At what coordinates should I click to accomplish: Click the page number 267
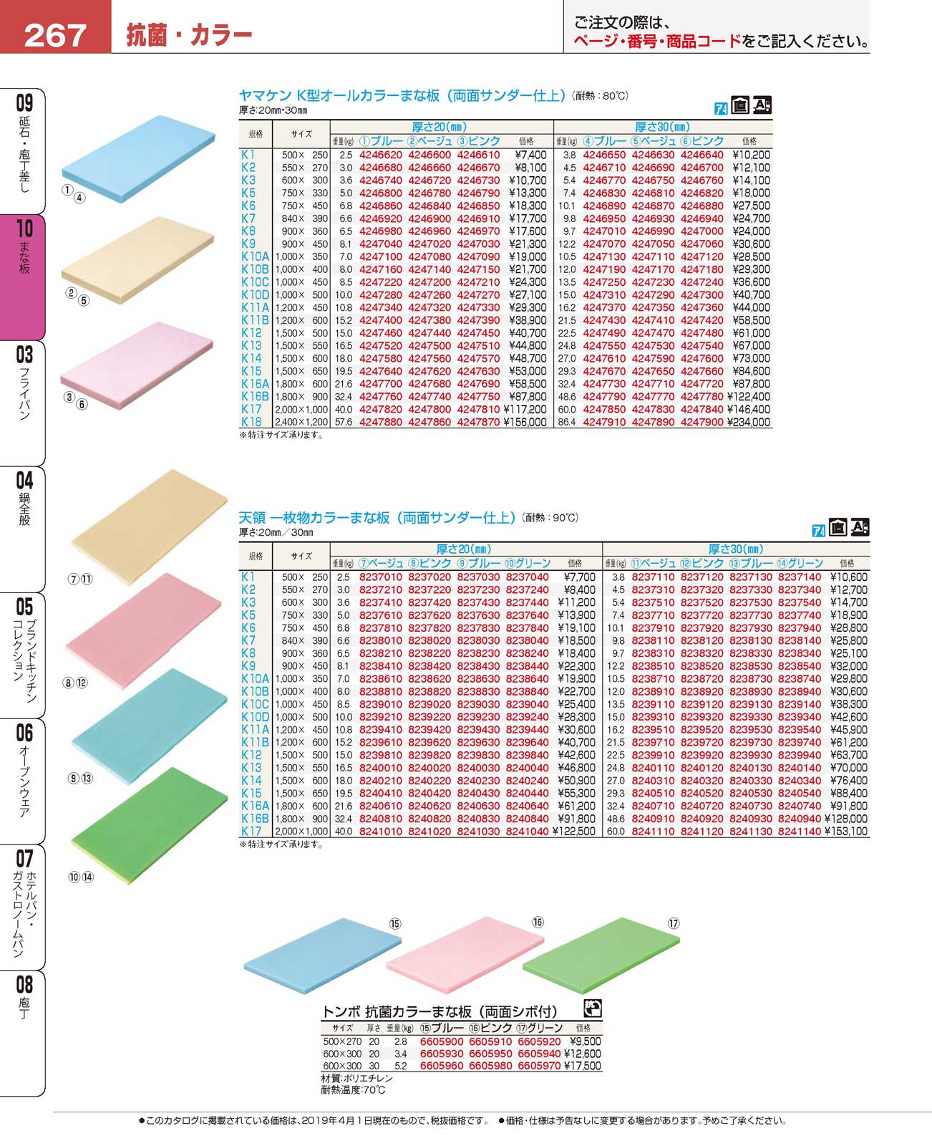click(x=55, y=34)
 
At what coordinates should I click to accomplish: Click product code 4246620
click(x=381, y=155)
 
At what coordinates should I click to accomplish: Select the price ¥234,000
click(x=749, y=423)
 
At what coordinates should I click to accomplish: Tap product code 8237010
click(x=381, y=577)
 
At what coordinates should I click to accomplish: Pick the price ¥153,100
click(x=846, y=832)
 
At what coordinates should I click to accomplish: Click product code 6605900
click(x=442, y=1041)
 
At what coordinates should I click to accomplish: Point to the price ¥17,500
click(x=583, y=1066)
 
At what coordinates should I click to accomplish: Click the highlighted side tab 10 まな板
click(x=24, y=247)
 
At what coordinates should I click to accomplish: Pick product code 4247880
click(x=381, y=423)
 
